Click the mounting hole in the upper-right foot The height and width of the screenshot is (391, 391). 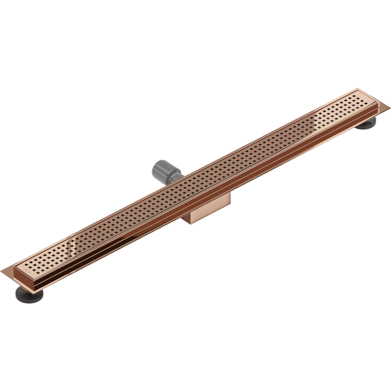pyautogui.click(x=365, y=126)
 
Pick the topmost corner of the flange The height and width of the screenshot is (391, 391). pyautogui.click(x=358, y=88)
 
